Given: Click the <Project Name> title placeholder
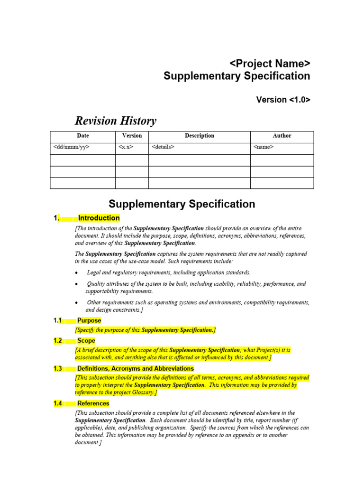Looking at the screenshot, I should pyautogui.click(x=270, y=64).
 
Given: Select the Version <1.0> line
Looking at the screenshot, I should pyautogui.click(x=283, y=100).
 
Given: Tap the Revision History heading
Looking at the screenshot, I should pyautogui.click(x=116, y=121).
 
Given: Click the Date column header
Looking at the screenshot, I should pyautogui.click(x=82, y=136).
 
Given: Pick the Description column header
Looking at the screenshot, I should pyautogui.click(x=199, y=136).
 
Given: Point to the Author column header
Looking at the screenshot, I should pyautogui.click(x=282, y=136).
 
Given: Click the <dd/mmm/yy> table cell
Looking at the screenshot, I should pyautogui.click(x=72, y=148).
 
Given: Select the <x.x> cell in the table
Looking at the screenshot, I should pyautogui.click(x=126, y=148).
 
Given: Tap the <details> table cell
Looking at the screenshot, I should pyautogui.click(x=163, y=148).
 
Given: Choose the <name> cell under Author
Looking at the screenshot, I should pyautogui.click(x=264, y=148).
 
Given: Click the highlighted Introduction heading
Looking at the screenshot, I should pyautogui.click(x=99, y=218).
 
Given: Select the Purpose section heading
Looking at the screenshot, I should pyautogui.click(x=89, y=320).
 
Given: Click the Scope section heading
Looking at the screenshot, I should pyautogui.click(x=86, y=341).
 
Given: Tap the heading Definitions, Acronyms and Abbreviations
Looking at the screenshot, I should pyautogui.click(x=136, y=369).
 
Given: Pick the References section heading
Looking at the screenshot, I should pyautogui.click(x=93, y=403).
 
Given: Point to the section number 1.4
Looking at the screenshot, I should pyautogui.click(x=58, y=403).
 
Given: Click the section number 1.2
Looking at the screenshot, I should pyautogui.click(x=58, y=341).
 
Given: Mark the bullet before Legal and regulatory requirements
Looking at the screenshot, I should pyautogui.click(x=77, y=273).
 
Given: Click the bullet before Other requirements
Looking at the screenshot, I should pyautogui.click(x=77, y=303).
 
